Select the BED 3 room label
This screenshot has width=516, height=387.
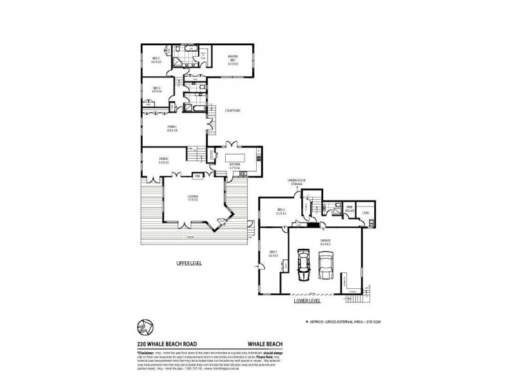[155, 90]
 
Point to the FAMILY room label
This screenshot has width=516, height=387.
[172, 128]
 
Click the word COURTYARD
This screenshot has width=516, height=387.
[233, 110]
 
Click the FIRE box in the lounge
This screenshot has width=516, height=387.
[197, 175]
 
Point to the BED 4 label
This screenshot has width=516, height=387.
[280, 210]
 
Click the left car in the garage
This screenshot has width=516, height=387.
[303, 264]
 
